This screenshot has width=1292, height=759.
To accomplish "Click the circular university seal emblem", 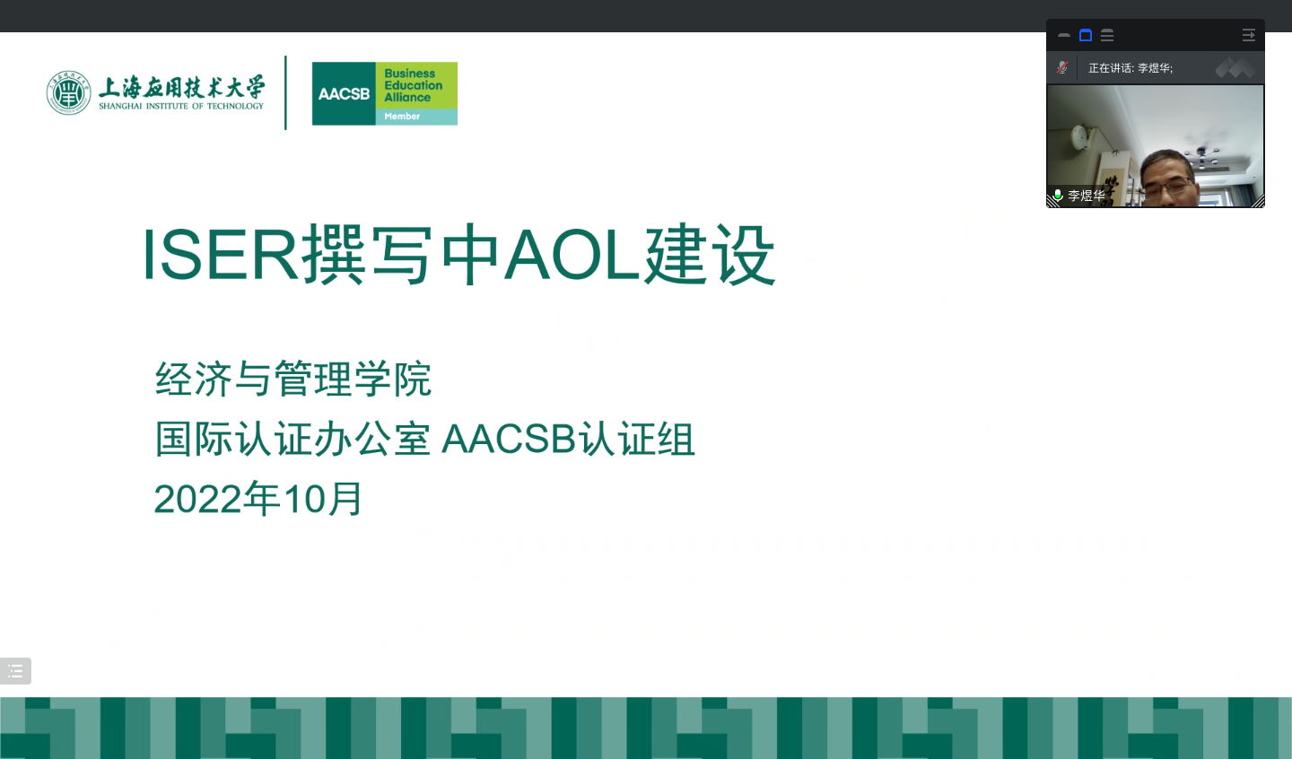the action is [x=68, y=93].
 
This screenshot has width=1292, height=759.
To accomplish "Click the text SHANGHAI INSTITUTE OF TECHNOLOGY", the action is [x=181, y=106].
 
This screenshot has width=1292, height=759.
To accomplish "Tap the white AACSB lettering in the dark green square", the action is [x=344, y=93].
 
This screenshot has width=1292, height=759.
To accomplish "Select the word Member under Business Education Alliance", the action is [x=402, y=116].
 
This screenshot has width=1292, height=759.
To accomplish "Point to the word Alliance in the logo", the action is [x=407, y=98].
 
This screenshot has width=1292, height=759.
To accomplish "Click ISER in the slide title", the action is [x=220, y=255].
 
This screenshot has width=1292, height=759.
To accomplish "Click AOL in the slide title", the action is [x=572, y=255].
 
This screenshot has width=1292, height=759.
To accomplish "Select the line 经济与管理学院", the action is [x=293, y=379].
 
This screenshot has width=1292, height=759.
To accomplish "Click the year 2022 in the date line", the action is [x=197, y=499].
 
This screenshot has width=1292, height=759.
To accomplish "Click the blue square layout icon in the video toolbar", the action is [x=1086, y=35].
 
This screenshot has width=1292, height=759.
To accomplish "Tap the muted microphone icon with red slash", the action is [x=1062, y=68].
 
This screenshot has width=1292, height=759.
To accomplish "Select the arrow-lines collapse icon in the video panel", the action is [x=1248, y=35].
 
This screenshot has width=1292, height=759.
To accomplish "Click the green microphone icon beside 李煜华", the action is [x=1057, y=195].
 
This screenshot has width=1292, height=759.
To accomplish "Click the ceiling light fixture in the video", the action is [x=1202, y=154].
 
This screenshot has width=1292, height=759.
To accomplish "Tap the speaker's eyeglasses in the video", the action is [x=1168, y=187].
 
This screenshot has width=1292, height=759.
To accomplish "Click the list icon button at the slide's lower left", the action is [x=15, y=671].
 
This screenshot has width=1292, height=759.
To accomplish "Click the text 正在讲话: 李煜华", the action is [x=1130, y=68].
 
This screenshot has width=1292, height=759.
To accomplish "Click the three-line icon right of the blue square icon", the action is [x=1107, y=35].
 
